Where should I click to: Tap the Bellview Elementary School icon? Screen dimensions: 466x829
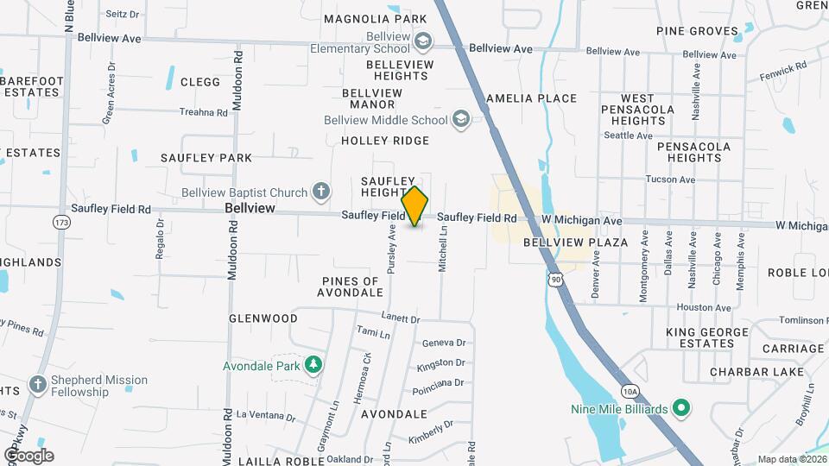pos(423,41)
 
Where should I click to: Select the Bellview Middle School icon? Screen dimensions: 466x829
pos(461,119)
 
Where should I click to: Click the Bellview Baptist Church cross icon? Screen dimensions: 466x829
pos(321,191)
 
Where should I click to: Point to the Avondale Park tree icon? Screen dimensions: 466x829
pos(313,365)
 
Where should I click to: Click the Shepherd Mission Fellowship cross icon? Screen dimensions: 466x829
pos(37,385)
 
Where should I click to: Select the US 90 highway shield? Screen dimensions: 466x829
pos(554,280)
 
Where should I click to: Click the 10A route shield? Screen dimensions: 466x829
pos(630,391)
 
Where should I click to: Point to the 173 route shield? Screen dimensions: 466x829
pos(60,223)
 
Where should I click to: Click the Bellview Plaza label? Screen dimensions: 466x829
pos(575,242)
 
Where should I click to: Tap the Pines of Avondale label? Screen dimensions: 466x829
pos(350,287)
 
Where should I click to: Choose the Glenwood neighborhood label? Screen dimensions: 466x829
pos(263,318)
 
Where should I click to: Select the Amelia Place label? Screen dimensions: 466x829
pos(531,98)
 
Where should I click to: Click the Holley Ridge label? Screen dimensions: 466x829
pos(385,141)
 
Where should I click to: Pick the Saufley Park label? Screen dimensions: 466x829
pos(206,158)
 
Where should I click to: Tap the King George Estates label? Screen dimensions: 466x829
pos(706,337)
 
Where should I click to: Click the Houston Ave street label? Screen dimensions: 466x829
pos(704,307)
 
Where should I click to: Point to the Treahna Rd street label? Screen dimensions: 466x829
pos(203,112)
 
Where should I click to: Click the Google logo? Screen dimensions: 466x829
pos(28,455)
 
